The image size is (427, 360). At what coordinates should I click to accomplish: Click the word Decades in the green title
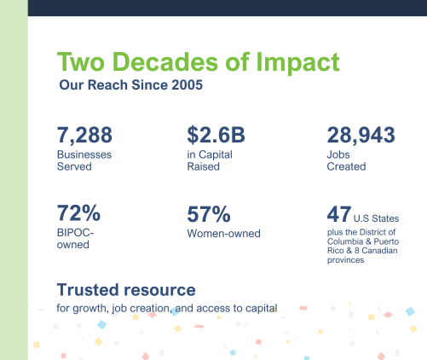[165, 61]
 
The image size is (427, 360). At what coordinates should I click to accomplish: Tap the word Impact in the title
[297, 63]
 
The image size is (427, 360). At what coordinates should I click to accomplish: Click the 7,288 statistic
[84, 135]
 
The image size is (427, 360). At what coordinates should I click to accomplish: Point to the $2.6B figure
[216, 135]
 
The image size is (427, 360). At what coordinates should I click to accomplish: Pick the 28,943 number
[361, 135]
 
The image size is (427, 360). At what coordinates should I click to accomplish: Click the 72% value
[78, 212]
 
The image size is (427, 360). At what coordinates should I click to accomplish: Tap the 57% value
[209, 214]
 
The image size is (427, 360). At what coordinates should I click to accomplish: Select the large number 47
[339, 214]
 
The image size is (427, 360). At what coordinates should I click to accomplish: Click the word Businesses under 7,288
[84, 154]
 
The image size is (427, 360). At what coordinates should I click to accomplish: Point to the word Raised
[204, 166]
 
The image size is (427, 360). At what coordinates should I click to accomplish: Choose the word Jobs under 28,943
[338, 154]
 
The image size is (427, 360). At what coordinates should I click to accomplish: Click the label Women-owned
[224, 234]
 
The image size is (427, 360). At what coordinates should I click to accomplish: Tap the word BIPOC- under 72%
[75, 233]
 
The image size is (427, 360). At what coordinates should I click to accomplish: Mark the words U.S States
[376, 218]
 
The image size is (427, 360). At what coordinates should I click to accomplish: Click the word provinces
[345, 260]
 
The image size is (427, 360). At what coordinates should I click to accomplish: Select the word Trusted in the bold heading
[88, 290]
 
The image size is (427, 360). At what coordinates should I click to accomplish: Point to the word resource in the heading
[159, 290]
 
